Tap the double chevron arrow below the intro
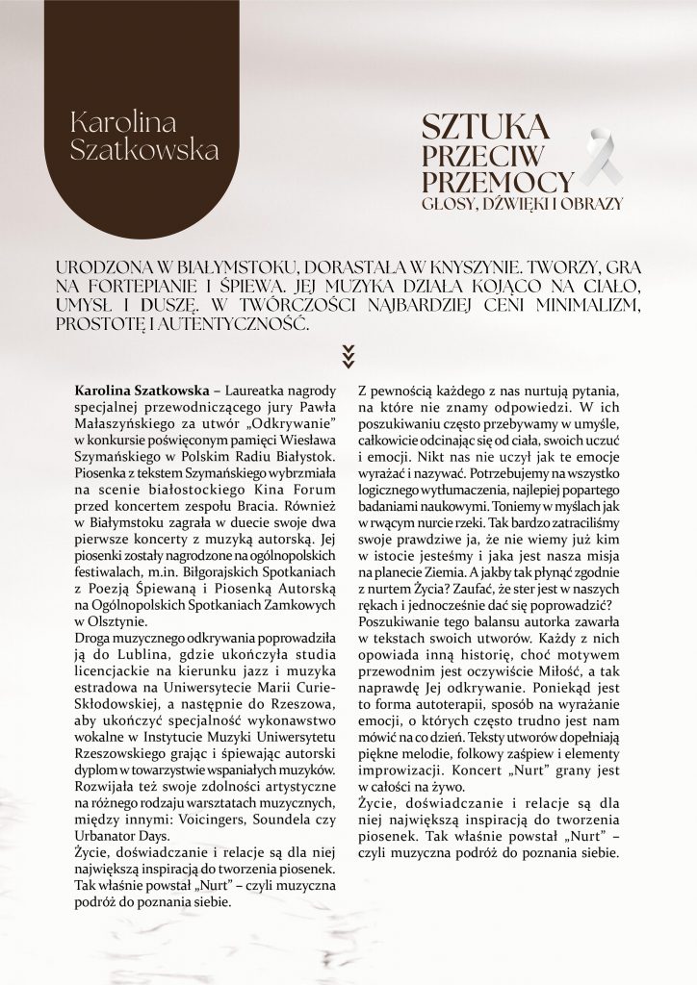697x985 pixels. point(348,358)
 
